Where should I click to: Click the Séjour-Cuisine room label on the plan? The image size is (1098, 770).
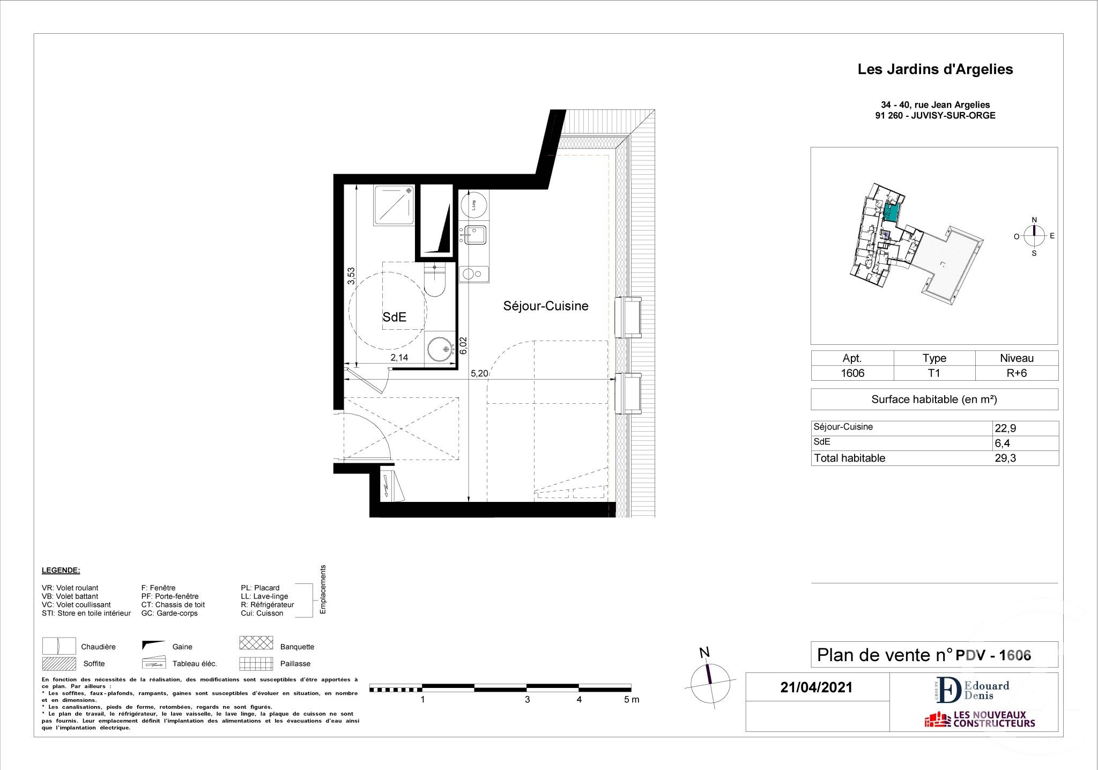tap(545, 306)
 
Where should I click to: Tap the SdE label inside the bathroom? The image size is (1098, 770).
tap(394, 317)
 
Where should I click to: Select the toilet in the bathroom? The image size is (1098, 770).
tap(434, 279)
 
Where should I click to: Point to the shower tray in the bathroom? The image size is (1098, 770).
tap(395, 205)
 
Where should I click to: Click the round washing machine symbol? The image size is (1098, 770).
tap(473, 205)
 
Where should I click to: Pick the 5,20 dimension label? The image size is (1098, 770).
tap(479, 374)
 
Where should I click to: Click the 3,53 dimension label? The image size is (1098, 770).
tap(351, 276)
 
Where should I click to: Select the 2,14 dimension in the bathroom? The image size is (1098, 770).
tap(399, 358)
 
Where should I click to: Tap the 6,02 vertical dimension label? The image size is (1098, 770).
tap(464, 345)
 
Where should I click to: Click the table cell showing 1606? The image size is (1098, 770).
tap(852, 373)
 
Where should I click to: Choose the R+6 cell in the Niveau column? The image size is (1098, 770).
tap(1017, 373)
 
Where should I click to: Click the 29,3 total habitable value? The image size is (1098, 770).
tap(1005, 458)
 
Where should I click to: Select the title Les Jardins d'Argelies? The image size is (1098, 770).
tap(935, 70)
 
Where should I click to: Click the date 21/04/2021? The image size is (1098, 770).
tap(816, 688)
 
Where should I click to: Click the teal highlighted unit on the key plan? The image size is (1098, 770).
tap(891, 213)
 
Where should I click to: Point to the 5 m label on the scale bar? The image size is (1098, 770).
tap(632, 700)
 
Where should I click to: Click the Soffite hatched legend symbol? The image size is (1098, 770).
tap(59, 664)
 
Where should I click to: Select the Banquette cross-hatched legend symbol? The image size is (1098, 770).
tap(256, 643)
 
